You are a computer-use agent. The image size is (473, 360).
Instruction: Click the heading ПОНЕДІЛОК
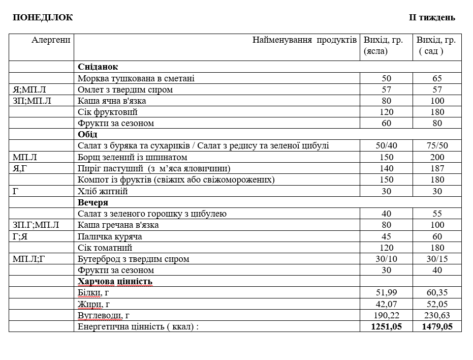pyautogui.click(x=43, y=18)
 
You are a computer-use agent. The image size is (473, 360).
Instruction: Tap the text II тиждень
pyautogui.click(x=432, y=18)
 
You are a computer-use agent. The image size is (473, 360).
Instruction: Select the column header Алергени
pyautogui.click(x=51, y=40)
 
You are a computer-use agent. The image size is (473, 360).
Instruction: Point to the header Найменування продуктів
pyautogui.click(x=304, y=40)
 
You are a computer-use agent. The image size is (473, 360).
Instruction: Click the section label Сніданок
pyautogui.click(x=98, y=67)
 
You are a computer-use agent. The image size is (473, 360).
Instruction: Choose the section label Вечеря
pyautogui.click(x=93, y=202)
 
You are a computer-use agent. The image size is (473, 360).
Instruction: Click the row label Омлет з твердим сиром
pyautogui.click(x=125, y=89)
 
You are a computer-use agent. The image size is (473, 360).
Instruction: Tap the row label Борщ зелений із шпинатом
pyautogui.click(x=133, y=157)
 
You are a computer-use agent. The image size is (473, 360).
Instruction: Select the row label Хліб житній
pyautogui.click(x=103, y=191)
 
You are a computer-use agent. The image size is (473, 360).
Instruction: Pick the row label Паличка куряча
pyautogui.click(x=110, y=236)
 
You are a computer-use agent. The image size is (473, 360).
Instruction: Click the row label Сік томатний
pyautogui.click(x=105, y=248)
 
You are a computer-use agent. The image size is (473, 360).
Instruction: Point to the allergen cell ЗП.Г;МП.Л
pyautogui.click(x=36, y=225)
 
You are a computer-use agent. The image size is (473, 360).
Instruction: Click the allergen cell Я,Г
pyautogui.click(x=20, y=168)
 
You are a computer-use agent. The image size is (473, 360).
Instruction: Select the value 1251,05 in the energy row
pyautogui.click(x=387, y=326)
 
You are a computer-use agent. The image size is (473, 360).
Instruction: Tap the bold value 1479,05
pyautogui.click(x=437, y=326)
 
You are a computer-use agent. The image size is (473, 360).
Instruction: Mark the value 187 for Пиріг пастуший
pyautogui.click(x=437, y=168)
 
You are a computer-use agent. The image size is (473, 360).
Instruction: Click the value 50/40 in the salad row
pyautogui.click(x=387, y=146)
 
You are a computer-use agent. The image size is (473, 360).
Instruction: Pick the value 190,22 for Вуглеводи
pyautogui.click(x=387, y=315)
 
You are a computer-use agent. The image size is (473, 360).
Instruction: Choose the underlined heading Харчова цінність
pyautogui.click(x=115, y=281)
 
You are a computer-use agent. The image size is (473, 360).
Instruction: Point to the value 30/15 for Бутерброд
pyautogui.click(x=437, y=259)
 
